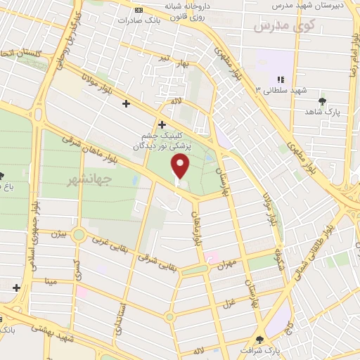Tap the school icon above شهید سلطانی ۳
point(281,80)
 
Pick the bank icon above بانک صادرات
point(138,10)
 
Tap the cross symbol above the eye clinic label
point(162,124)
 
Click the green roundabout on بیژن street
point(79,234)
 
